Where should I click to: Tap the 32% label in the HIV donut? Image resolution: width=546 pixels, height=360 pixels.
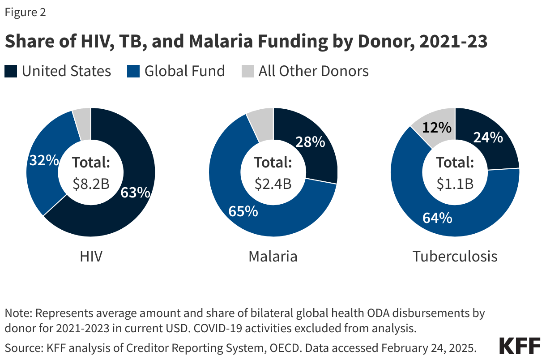(x=43, y=160)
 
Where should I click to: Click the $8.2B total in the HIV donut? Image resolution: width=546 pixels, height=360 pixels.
(x=91, y=183)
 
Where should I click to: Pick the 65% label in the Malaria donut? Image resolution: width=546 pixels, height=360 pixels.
(x=243, y=211)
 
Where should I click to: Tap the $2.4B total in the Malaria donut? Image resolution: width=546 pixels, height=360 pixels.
(x=273, y=183)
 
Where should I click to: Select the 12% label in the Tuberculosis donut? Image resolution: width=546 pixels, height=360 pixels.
(x=437, y=128)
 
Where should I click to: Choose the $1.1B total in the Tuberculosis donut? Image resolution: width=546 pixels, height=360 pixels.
(x=455, y=183)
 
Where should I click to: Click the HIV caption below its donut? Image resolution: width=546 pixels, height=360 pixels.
(x=91, y=257)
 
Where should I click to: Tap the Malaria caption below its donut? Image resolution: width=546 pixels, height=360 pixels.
(x=273, y=257)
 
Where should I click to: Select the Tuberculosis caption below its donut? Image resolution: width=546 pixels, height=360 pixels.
(x=455, y=257)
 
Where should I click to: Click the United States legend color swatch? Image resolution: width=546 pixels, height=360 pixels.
(x=11, y=71)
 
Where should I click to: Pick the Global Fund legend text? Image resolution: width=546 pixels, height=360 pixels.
(x=184, y=71)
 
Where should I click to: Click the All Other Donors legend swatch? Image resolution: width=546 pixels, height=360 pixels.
(x=247, y=71)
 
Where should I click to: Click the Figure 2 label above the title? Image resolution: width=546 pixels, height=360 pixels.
(x=25, y=13)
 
